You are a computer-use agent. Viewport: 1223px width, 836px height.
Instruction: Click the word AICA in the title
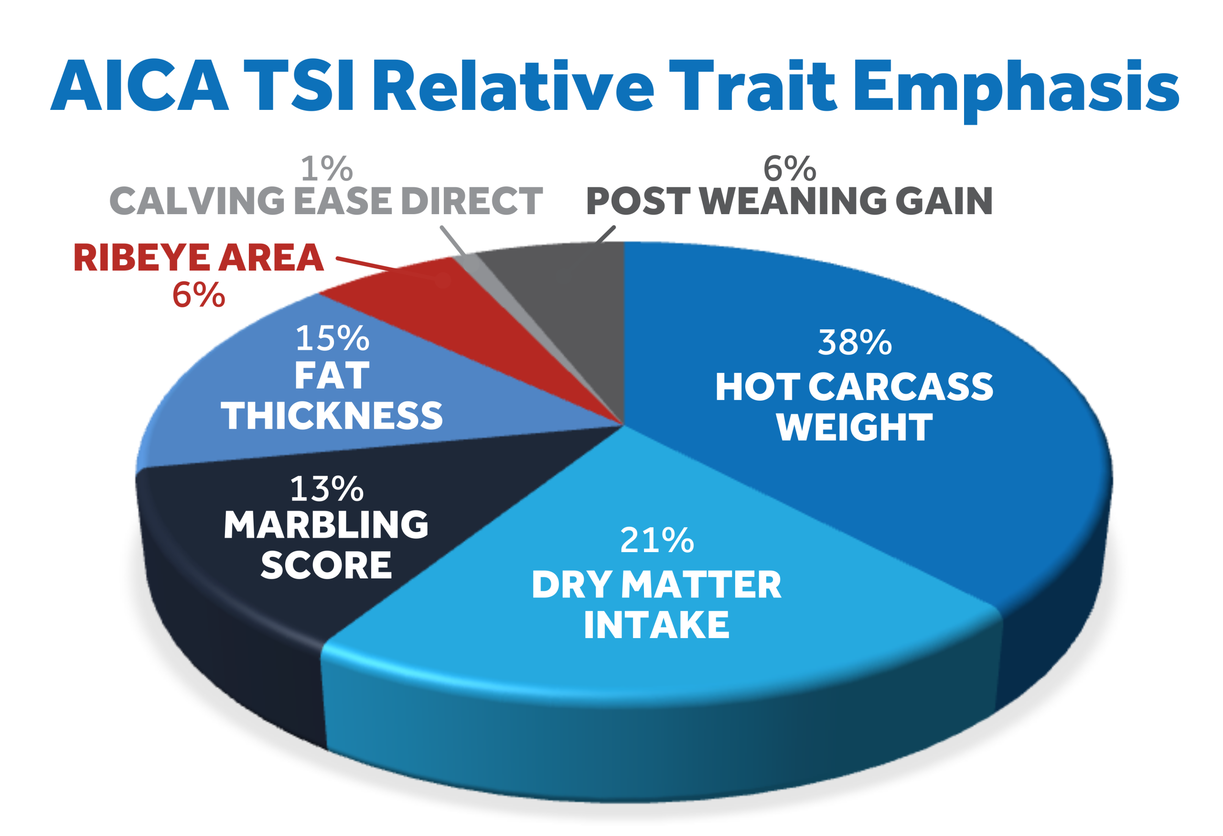tap(140, 86)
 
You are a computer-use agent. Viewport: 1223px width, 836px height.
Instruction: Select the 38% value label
tap(855, 342)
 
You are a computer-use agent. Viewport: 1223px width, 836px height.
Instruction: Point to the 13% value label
tap(326, 489)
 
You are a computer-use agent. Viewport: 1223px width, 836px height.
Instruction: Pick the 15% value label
tap(332, 338)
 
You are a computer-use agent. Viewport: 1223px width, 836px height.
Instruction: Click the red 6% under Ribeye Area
tap(198, 295)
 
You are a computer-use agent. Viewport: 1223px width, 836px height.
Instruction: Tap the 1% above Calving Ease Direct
tap(326, 169)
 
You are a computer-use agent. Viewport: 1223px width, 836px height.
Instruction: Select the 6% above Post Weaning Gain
tap(789, 169)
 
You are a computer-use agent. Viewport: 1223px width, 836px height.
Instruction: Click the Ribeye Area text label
tap(198, 258)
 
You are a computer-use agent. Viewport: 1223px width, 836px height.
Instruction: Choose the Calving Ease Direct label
tap(326, 201)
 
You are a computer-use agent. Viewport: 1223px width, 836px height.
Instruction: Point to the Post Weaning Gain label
tap(789, 201)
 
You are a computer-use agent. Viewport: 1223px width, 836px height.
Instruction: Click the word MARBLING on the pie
tap(326, 525)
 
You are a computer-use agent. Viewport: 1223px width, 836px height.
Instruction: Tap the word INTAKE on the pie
tap(656, 625)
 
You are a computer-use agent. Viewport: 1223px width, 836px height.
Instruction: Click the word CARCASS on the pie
tap(901, 387)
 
